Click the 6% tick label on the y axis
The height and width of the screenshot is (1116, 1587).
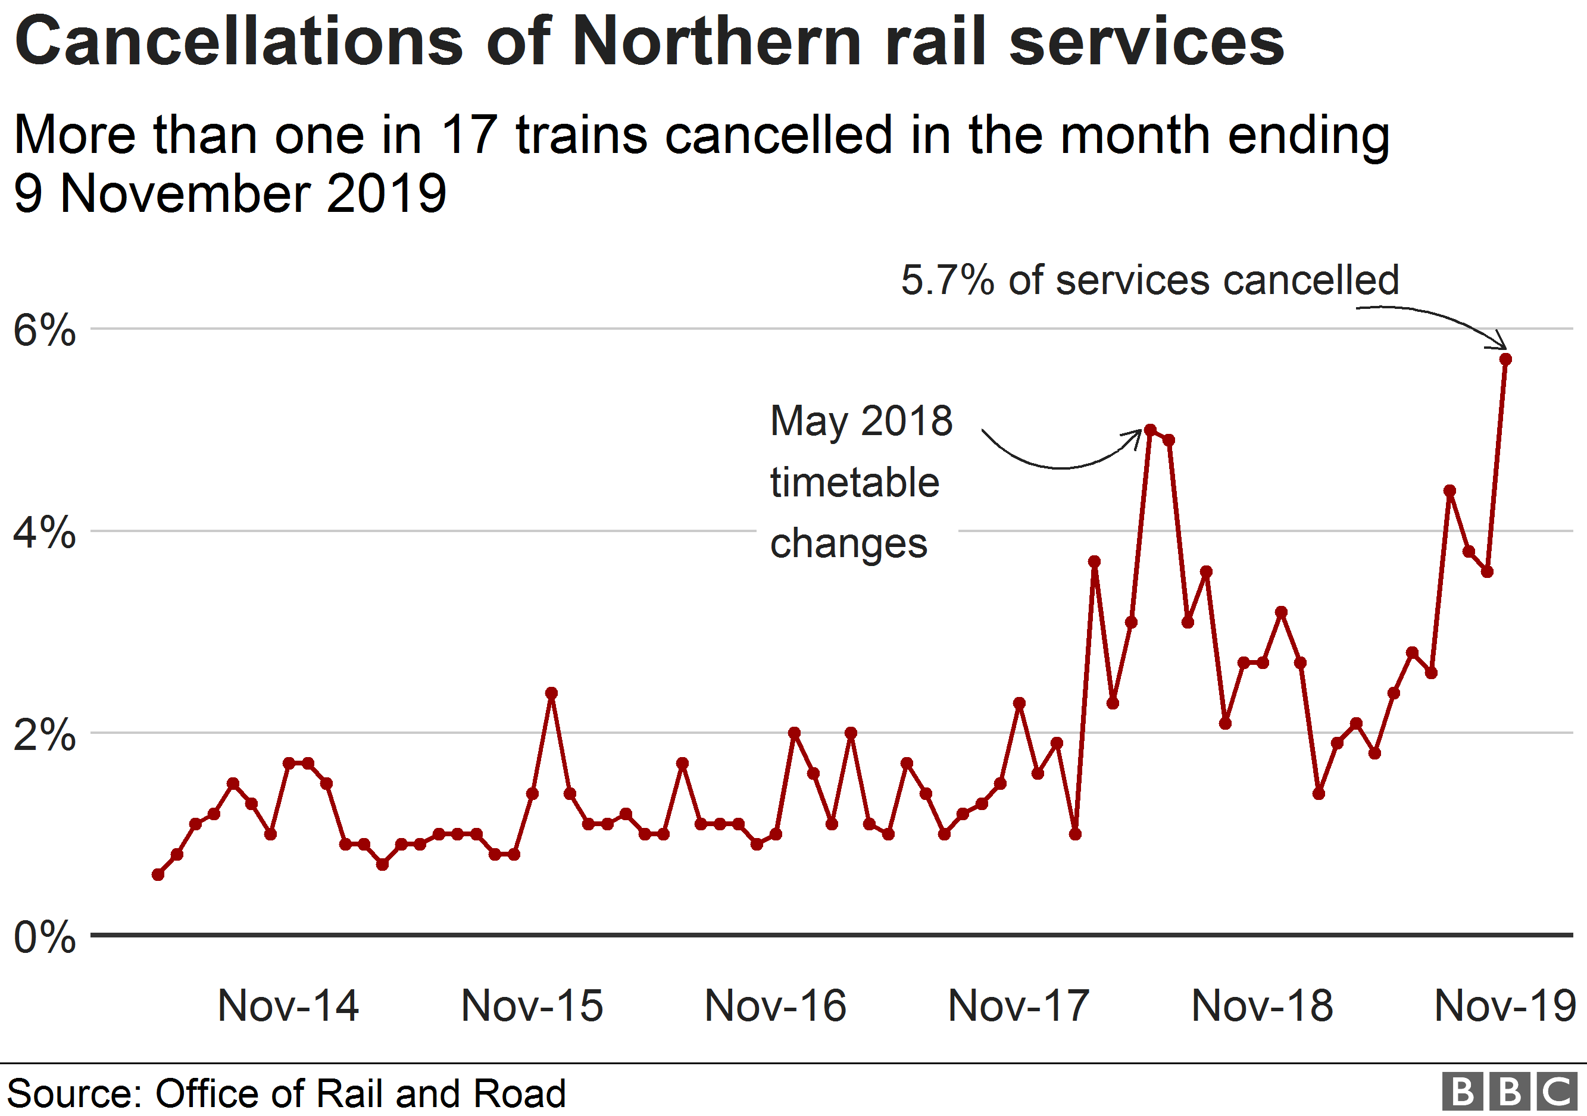[x=44, y=330]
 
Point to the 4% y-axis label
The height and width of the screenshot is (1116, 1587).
[x=44, y=533]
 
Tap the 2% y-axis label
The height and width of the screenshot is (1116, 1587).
[x=44, y=734]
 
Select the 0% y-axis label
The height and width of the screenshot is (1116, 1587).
[x=44, y=937]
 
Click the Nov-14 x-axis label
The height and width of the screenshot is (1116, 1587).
[x=288, y=1005]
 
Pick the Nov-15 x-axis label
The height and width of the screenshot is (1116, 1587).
[x=532, y=1005]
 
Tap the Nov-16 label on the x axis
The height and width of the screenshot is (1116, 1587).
[x=775, y=1005]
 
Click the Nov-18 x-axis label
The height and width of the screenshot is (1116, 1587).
[x=1262, y=1005]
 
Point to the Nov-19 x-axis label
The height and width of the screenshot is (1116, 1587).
[x=1505, y=1005]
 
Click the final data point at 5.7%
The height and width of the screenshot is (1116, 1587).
[x=1505, y=360]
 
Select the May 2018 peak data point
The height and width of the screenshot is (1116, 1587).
[x=1150, y=430]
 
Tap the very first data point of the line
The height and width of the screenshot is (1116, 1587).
[x=158, y=875]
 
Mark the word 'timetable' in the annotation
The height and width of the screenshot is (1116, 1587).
[x=854, y=482]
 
